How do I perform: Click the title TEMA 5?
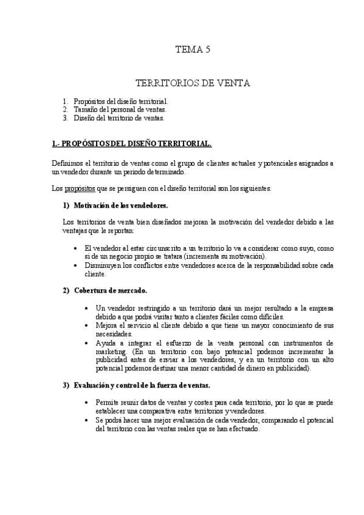coord(193,51)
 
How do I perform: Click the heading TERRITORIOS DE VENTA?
coord(192,83)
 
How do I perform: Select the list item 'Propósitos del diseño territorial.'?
coord(120,100)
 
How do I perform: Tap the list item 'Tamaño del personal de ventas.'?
coord(120,109)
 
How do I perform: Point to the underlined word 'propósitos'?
coord(80,188)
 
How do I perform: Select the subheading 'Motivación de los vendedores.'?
coord(120,205)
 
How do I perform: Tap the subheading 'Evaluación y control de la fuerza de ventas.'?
coord(142,386)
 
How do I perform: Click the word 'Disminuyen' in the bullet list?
coord(103,265)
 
